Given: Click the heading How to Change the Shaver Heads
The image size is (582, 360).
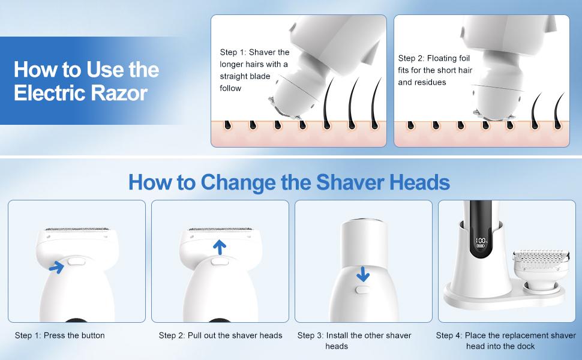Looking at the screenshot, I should [289, 181].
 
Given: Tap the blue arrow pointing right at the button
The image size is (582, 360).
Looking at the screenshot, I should [57, 266].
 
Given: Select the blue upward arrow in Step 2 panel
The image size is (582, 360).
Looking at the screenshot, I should [220, 247].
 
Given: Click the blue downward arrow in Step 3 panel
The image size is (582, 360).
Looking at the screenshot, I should [362, 274].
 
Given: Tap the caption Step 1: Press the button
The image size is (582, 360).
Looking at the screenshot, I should [60, 335].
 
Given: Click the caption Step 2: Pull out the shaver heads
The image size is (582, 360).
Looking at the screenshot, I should [220, 335].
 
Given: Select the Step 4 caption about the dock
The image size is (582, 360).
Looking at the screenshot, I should [506, 340].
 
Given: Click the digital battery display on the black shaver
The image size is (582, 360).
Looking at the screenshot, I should [481, 244].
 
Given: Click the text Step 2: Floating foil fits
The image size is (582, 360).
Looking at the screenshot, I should [434, 70].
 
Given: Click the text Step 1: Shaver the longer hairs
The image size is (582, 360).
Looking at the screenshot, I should [254, 70].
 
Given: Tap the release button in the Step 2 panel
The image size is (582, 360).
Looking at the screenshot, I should [220, 260].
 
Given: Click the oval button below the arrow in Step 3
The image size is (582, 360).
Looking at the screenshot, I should [363, 290].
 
